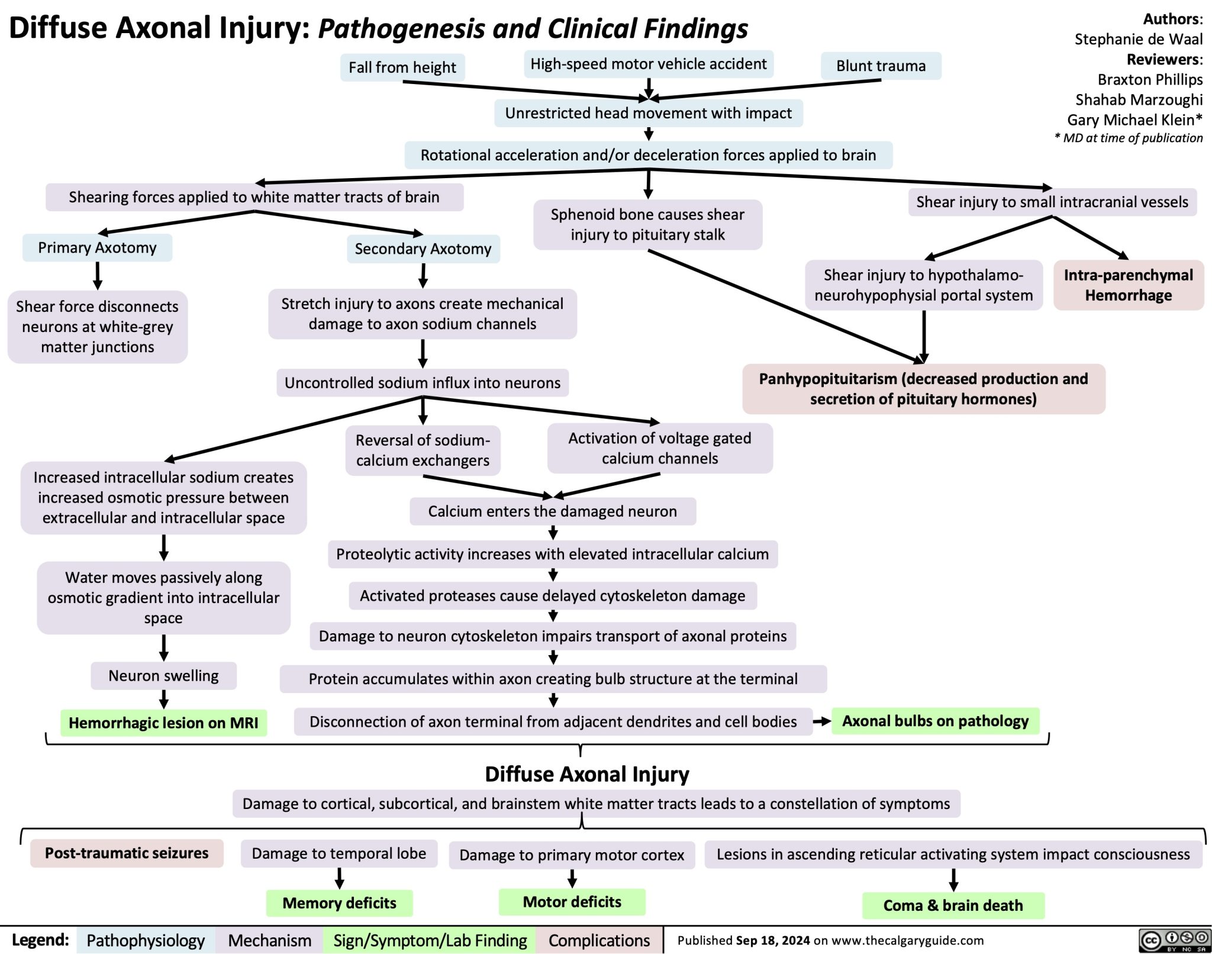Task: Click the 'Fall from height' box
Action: pos(402,67)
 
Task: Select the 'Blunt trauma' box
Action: pos(881,66)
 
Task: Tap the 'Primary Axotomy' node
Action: pos(98,247)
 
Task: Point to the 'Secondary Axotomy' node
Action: pos(423,249)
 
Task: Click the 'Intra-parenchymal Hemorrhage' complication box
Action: pos(1128,285)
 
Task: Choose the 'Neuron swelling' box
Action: pos(163,675)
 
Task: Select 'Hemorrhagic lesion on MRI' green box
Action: pos(163,723)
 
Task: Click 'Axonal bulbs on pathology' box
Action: pos(935,721)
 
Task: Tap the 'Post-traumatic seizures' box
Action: pos(127,853)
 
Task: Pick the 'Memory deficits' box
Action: pos(339,903)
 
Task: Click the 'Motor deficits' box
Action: pos(572,901)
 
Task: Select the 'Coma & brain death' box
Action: pos(953,905)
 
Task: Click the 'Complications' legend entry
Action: pos(599,940)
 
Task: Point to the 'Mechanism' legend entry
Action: pos(269,940)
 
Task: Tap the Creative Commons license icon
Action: pos(1174,940)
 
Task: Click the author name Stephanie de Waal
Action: pos(1138,39)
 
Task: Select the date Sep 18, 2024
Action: pos(772,940)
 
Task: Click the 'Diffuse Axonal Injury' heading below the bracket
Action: pos(586,774)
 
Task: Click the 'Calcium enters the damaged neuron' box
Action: pos(552,511)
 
